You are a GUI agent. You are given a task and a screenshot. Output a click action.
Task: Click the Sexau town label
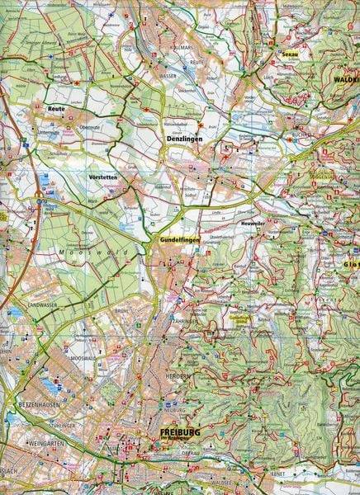click(288, 54)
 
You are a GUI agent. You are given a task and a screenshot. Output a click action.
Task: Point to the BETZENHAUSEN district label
click(35, 406)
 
